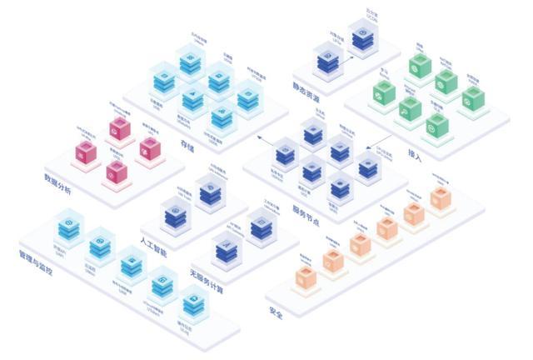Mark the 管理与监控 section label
point(37,271)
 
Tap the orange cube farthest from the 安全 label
point(440,197)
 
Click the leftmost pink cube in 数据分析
point(83,152)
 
